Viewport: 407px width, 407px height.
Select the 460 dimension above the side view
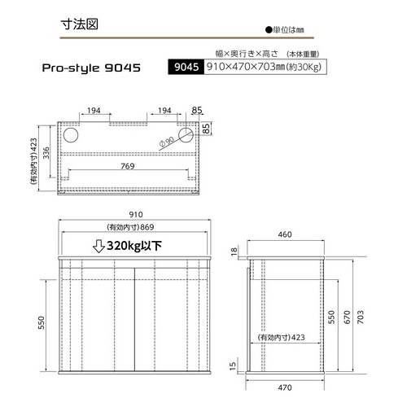pos(284,234)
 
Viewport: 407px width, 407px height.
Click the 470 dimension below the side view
pos(284,386)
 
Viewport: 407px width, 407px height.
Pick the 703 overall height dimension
pos(373,315)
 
